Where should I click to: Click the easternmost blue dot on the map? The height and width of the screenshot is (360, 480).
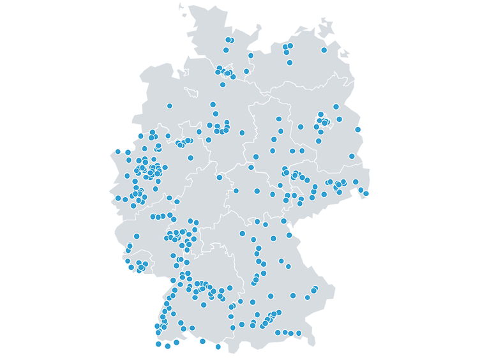[x=366, y=193]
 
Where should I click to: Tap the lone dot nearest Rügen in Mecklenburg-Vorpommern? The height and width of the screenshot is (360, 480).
[x=324, y=50]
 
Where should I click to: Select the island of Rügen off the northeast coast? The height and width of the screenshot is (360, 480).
[x=327, y=29]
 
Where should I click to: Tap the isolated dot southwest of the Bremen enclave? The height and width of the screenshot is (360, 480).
[x=169, y=106]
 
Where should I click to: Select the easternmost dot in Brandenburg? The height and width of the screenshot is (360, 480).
[x=358, y=130]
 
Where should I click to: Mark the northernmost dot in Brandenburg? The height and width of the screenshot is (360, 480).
[x=336, y=107]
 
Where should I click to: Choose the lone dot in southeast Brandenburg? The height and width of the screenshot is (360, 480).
[x=352, y=156]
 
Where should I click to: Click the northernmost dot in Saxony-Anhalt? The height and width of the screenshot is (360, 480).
[x=279, y=119]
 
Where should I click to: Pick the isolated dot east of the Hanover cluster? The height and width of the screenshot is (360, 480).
[x=242, y=133]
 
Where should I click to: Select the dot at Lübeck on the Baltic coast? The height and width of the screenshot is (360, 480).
[x=251, y=56]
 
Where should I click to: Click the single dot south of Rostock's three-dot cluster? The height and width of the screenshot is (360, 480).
[x=290, y=63]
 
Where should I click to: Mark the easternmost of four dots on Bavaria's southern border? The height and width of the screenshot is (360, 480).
[x=299, y=333]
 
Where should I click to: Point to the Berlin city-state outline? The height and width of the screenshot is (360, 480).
[x=325, y=121]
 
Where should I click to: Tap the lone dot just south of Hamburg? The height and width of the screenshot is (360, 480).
[x=223, y=84]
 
